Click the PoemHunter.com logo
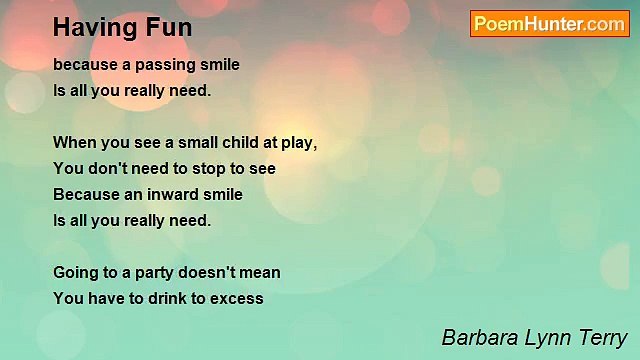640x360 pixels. (549, 24)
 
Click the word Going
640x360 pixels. (76, 272)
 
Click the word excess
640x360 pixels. (237, 298)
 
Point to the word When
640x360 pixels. (73, 143)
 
